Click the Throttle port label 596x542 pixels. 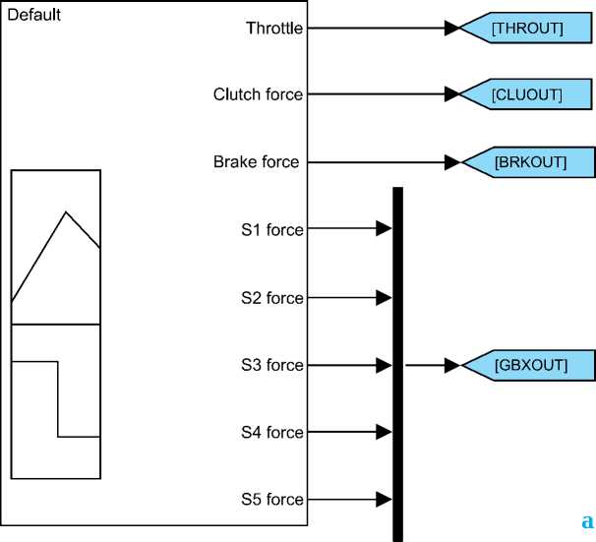(x=273, y=29)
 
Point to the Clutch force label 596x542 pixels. (x=258, y=94)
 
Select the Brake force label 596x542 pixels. (x=256, y=161)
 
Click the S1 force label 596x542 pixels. (x=272, y=229)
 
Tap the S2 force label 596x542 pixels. (x=272, y=297)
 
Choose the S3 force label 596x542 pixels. (x=272, y=365)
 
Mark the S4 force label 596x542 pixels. (x=272, y=432)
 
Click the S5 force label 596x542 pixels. (x=272, y=499)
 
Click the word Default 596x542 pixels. (x=34, y=16)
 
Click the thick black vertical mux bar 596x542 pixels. (x=397, y=364)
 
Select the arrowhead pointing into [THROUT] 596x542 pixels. (x=451, y=29)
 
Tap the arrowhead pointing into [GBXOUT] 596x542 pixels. (x=451, y=365)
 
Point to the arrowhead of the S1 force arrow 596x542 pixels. (x=385, y=229)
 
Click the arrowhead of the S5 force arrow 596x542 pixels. (x=385, y=499)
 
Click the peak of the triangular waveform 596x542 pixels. (x=66, y=211)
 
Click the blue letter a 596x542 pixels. (x=587, y=520)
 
